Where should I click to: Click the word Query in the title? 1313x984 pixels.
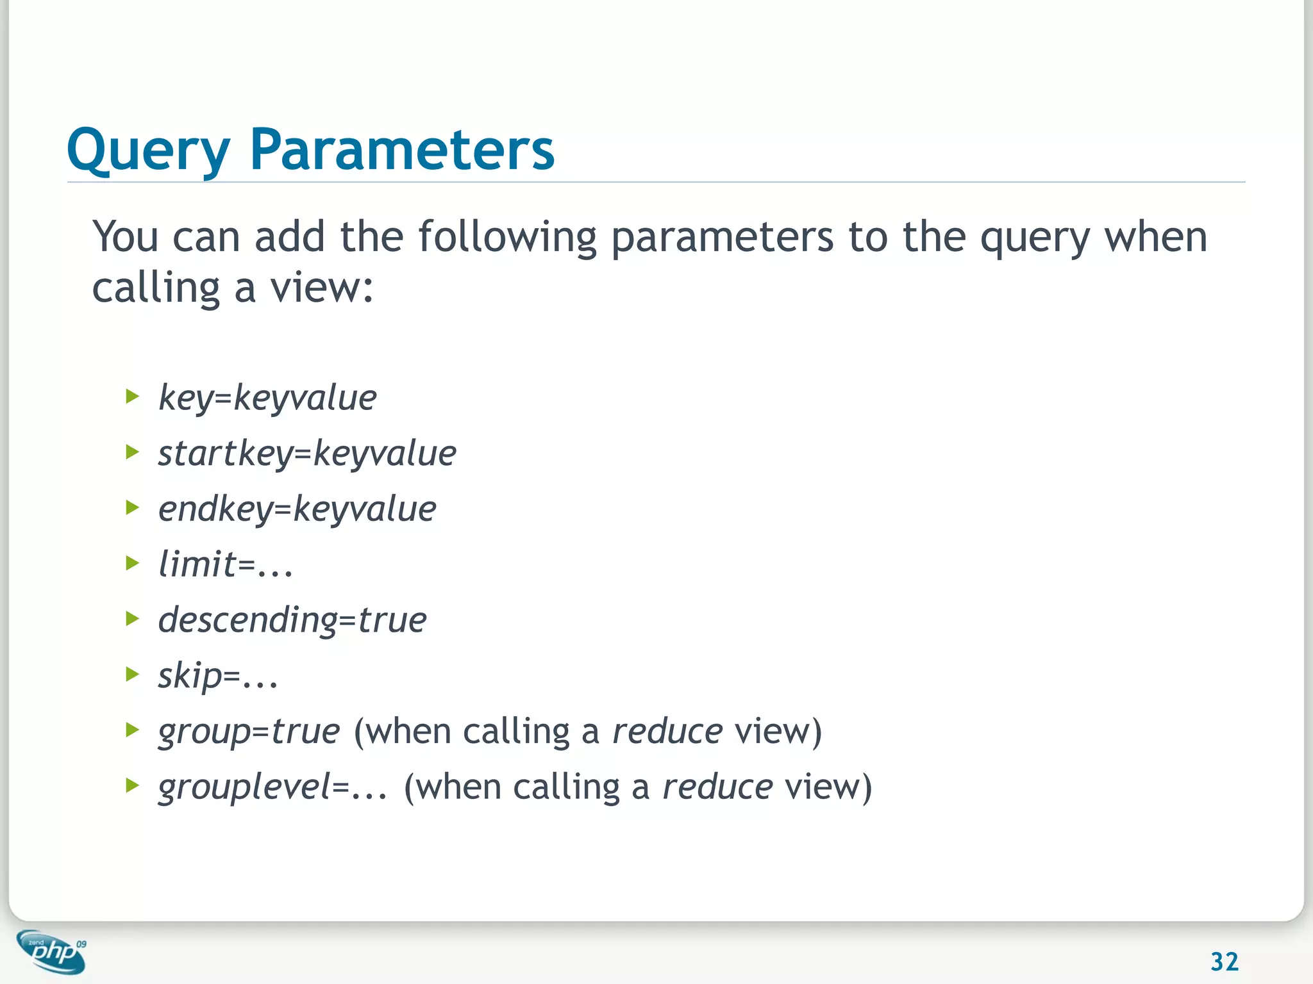148,151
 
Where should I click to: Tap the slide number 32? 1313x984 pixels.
1224,962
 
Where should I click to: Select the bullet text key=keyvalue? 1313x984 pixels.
267,398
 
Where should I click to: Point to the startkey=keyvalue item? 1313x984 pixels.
307,454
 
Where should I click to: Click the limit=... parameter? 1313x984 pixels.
225,565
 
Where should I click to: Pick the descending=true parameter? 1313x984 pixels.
292,620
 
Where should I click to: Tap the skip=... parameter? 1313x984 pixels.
218,676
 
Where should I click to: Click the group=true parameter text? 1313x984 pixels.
249,732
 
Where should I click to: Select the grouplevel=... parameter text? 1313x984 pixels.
272,787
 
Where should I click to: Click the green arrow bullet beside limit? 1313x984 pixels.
133,564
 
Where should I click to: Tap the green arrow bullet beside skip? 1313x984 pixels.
133,675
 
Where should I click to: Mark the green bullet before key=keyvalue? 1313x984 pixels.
133,397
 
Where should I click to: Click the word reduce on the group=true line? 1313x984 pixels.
667,732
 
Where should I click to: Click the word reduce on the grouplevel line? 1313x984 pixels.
717,787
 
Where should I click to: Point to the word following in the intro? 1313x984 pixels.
507,237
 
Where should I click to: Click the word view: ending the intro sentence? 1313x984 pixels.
321,288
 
